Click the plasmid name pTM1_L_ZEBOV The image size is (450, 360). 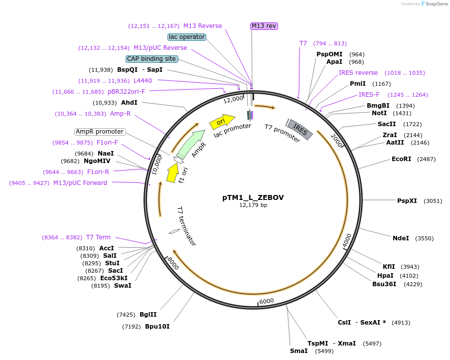click(x=253, y=197)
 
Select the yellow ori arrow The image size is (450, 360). click(x=219, y=122)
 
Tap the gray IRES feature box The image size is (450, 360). click(x=300, y=129)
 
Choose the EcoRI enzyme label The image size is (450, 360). click(x=401, y=159)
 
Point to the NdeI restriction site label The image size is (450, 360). click(x=401, y=238)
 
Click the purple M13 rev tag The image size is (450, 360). click(x=264, y=26)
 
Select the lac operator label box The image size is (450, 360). click(x=187, y=37)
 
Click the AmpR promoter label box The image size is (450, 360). click(x=100, y=132)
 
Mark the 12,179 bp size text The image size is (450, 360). click(x=253, y=205)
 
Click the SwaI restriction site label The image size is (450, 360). click(x=123, y=286)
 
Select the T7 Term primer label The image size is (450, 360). click(x=98, y=237)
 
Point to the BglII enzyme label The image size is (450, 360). click(x=148, y=314)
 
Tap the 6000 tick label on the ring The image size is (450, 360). click(x=267, y=301)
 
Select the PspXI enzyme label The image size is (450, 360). click(x=407, y=201)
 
